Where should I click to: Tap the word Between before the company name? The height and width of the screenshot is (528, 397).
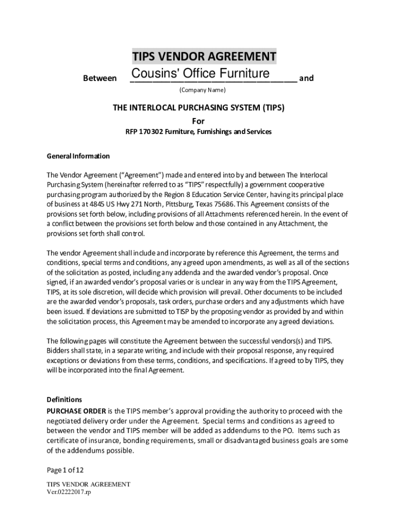(x=100, y=78)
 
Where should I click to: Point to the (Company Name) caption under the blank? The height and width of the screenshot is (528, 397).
(x=202, y=90)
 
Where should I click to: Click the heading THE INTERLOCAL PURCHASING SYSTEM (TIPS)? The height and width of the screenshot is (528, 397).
(x=198, y=108)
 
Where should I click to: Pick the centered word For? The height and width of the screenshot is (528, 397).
(x=198, y=121)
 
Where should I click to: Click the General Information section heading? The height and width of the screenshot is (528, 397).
(x=78, y=156)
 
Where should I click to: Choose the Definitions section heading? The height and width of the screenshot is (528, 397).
(x=64, y=400)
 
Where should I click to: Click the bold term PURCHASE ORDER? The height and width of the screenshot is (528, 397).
(x=76, y=410)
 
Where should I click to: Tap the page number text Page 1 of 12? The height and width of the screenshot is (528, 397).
(x=65, y=470)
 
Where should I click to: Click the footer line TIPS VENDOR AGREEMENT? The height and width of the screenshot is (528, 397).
(x=88, y=485)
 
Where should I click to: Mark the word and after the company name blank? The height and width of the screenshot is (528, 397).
(x=306, y=78)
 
